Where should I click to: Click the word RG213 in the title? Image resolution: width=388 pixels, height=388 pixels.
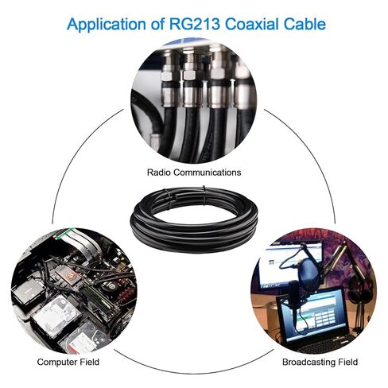195,24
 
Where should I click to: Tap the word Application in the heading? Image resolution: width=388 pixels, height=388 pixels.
107,25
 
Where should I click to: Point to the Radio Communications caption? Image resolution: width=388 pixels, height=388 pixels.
194,173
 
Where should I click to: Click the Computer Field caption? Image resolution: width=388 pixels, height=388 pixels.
68,362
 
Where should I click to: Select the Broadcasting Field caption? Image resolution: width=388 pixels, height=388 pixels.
320,362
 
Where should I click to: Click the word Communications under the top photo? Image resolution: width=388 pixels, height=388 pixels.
208,173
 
